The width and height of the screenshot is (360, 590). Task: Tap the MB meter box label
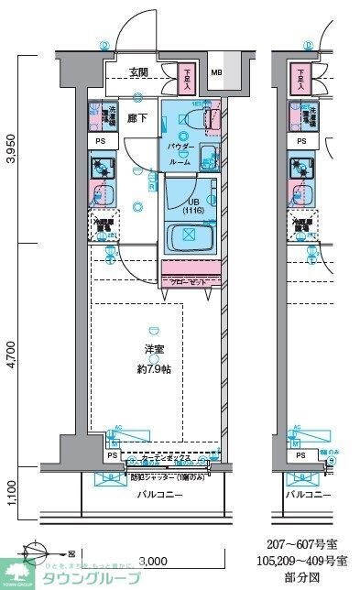pyautogui.click(x=216, y=74)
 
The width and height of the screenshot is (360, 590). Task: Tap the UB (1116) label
pyautogui.click(x=192, y=206)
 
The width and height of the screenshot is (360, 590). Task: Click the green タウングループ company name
pyautogui.click(x=92, y=579)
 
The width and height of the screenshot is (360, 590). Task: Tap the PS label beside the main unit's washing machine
pyautogui.click(x=99, y=142)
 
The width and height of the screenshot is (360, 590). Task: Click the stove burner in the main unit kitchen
pyautogui.click(x=100, y=168)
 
